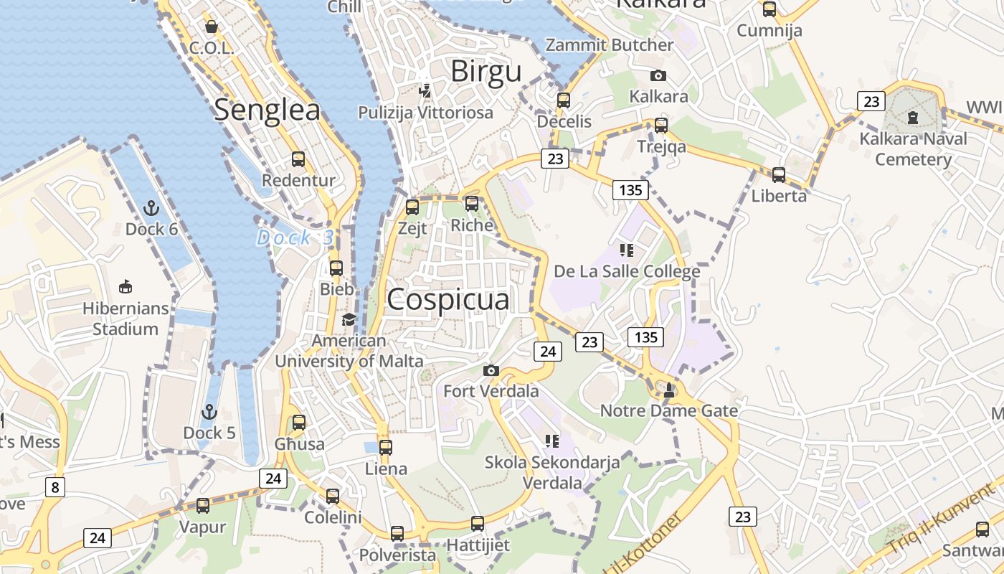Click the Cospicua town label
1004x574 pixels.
click(x=448, y=300)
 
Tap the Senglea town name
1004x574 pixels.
click(x=267, y=110)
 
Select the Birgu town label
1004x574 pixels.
click(x=486, y=72)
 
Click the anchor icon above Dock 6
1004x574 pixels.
click(x=151, y=208)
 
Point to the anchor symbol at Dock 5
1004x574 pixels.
click(x=209, y=412)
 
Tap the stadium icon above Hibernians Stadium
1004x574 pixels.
click(x=126, y=287)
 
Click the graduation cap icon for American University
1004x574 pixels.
click(x=349, y=319)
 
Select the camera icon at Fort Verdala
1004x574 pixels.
click(x=491, y=371)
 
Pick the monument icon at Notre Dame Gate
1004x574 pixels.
click(x=669, y=390)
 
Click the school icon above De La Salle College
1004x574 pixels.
click(x=627, y=250)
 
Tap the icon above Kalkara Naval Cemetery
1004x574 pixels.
click(x=913, y=117)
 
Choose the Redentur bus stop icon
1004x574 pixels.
click(x=298, y=159)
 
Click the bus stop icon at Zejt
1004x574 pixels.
click(x=412, y=207)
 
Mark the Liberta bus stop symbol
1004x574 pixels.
click(x=779, y=174)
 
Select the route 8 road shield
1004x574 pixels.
click(x=55, y=488)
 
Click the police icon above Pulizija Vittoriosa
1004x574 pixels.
click(x=425, y=91)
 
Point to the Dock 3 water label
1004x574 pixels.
click(x=295, y=237)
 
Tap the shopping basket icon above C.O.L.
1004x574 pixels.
click(x=212, y=27)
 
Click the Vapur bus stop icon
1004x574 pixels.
click(x=203, y=506)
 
